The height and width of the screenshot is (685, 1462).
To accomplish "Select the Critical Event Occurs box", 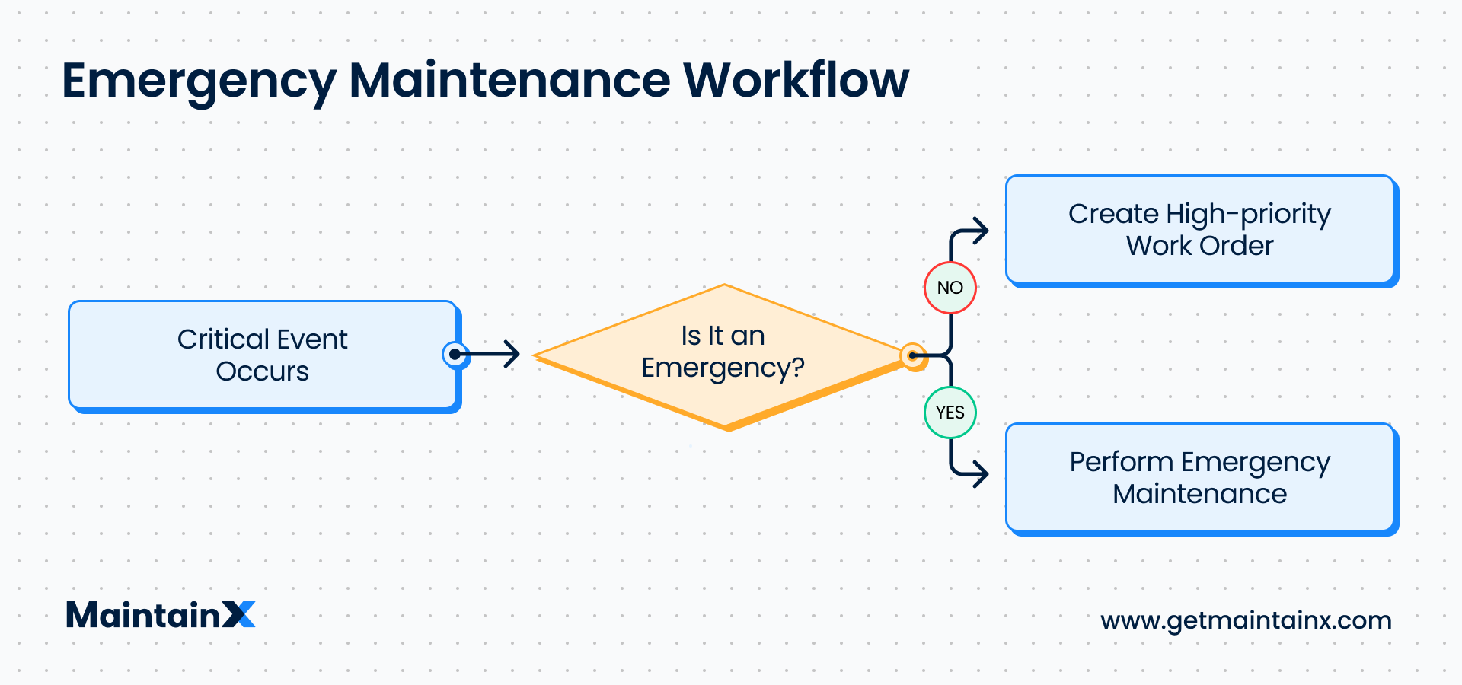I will coord(263,355).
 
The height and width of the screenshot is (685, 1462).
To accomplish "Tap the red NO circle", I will coord(950,288).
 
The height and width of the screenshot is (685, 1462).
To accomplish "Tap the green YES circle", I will coord(950,413).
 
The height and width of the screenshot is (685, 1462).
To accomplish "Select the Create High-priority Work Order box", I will coord(1200,230).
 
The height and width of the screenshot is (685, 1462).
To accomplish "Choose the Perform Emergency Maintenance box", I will coord(1200,478).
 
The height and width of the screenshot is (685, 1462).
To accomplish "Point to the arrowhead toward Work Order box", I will coord(982,231).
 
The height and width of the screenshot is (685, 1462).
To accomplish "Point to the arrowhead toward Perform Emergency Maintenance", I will coord(982,474).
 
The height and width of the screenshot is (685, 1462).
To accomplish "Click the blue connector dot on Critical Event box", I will coord(455,354).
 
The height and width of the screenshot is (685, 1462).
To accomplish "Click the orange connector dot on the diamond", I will coord(912,355).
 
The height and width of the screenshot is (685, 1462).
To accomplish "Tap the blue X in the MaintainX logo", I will coord(239,615).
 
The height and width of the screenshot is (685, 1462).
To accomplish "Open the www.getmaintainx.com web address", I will coord(1246,620).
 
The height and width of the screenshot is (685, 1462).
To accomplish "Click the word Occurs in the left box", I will coord(263,371).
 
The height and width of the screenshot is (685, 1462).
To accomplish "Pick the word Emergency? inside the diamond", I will coord(723,368).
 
